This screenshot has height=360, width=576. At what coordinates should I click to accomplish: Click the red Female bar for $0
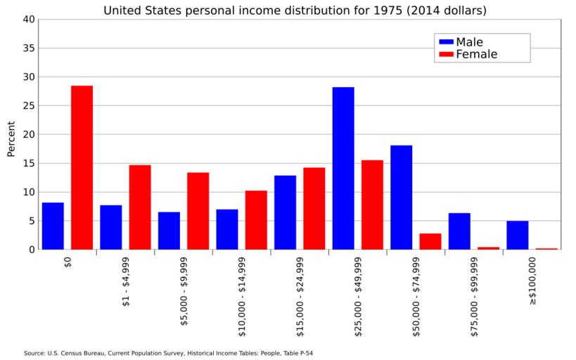(82, 167)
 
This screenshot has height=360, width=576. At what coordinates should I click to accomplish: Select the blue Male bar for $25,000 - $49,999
(343, 168)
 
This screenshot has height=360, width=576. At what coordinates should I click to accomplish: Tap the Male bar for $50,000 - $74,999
(401, 197)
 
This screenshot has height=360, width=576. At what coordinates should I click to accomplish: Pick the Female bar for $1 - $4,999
(140, 207)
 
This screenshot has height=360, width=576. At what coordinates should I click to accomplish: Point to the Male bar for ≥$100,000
(517, 235)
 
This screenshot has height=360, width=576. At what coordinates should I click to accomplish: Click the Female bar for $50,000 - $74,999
(430, 241)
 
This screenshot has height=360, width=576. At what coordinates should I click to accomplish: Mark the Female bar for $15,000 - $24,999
(314, 208)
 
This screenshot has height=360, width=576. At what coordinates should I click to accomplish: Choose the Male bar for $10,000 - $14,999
(227, 229)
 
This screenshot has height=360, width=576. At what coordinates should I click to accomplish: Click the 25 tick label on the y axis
(29, 105)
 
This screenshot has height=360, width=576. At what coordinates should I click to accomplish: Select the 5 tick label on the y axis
(31, 221)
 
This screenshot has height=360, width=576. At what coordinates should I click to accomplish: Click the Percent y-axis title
(11, 139)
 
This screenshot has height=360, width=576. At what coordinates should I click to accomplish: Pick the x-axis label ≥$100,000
(532, 280)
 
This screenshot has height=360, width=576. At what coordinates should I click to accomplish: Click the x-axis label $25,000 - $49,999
(358, 296)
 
